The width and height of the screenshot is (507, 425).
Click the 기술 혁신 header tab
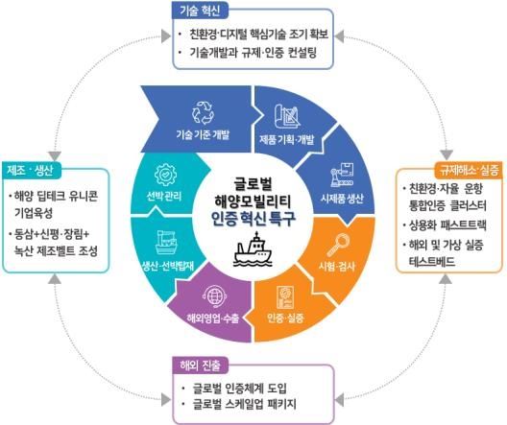[200, 11]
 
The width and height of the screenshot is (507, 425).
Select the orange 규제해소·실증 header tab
[469, 170]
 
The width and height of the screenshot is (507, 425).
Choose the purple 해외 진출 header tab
[201, 365]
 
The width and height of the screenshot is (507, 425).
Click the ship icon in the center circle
[253, 249]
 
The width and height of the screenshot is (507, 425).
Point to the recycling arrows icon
[203, 112]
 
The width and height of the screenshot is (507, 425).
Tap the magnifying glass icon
[339, 245]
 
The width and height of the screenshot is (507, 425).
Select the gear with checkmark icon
[165, 175]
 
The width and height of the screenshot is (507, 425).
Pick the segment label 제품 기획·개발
[286, 140]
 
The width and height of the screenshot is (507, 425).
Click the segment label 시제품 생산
[342, 199]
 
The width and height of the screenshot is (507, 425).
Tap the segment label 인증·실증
[285, 318]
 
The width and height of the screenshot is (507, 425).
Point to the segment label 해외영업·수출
[213, 319]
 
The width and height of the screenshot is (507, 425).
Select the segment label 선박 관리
[164, 196]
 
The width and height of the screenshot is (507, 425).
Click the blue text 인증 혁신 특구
[253, 219]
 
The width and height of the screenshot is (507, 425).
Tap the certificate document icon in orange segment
[285, 297]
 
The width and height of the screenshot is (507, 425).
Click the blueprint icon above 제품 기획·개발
[287, 116]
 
